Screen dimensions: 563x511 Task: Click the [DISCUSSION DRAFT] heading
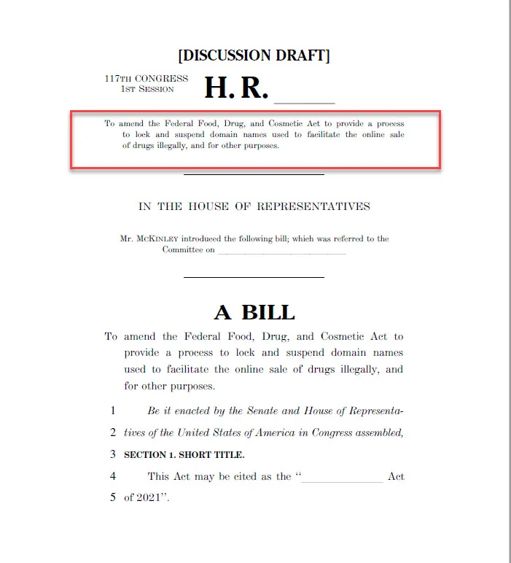(x=254, y=56)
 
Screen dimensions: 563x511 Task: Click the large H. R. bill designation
(x=236, y=88)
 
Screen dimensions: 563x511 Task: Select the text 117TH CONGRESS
(x=146, y=79)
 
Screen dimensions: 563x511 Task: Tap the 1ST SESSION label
(x=147, y=89)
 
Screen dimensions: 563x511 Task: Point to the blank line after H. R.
(x=304, y=101)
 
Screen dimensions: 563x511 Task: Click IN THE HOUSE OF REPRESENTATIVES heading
(x=254, y=206)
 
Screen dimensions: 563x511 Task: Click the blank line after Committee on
(x=281, y=251)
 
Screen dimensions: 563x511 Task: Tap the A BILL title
(x=254, y=312)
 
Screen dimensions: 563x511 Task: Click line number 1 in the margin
(x=113, y=411)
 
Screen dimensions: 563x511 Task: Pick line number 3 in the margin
(x=113, y=454)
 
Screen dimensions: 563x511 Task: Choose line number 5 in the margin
(x=113, y=498)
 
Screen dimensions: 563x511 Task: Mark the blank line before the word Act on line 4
(x=341, y=478)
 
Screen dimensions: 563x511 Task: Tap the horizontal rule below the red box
(x=253, y=174)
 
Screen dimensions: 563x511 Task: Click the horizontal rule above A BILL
(x=253, y=277)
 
